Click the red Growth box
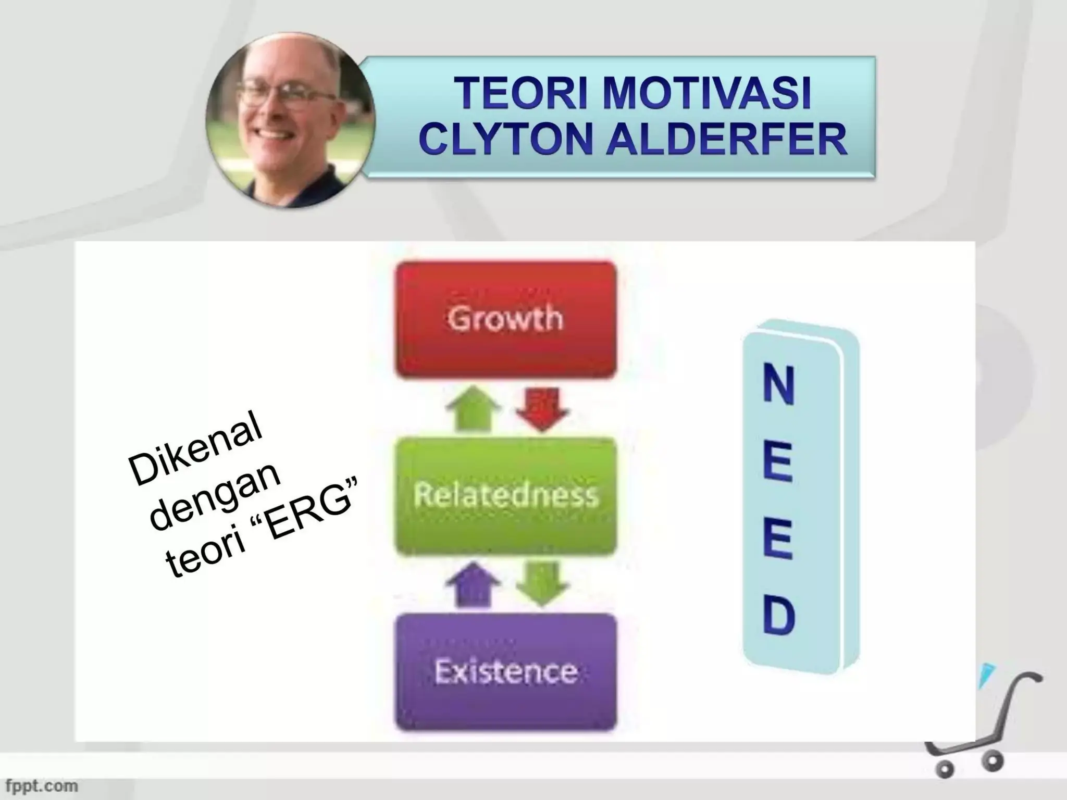coord(505,319)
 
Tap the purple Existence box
coord(505,672)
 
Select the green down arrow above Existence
coord(542,584)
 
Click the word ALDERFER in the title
coord(726,140)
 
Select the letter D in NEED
coord(779,617)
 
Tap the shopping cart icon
coord(979,729)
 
